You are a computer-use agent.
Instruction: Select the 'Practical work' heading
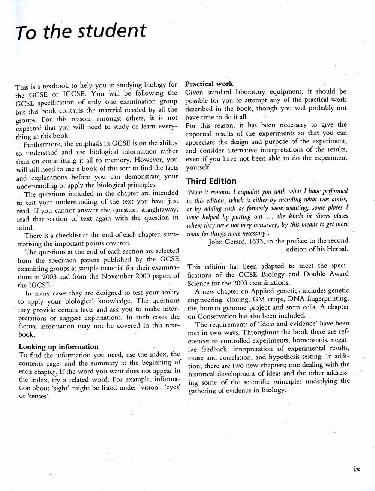(x=209, y=84)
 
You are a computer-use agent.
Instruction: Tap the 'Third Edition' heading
(x=211, y=181)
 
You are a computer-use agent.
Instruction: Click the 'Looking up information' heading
(x=58, y=346)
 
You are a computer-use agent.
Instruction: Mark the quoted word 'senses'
(x=39, y=396)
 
